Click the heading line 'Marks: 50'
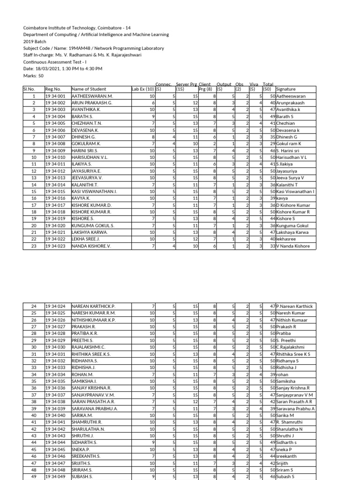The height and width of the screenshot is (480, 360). coord(33,75)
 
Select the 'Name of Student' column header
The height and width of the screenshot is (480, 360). coord(89,89)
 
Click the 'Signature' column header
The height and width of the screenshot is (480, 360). coord(286,89)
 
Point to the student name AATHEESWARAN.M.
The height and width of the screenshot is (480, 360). coord(92,96)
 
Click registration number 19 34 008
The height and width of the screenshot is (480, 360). coord(55,143)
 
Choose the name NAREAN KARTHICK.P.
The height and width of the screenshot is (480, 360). coord(93,306)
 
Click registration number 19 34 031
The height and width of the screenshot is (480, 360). coord(55,354)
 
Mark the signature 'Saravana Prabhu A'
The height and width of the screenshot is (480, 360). coord(296,409)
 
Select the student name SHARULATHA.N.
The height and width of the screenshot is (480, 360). coord(88,429)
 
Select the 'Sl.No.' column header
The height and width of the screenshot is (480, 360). coord(29,89)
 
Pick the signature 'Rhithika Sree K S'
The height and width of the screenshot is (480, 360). coord(293,354)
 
